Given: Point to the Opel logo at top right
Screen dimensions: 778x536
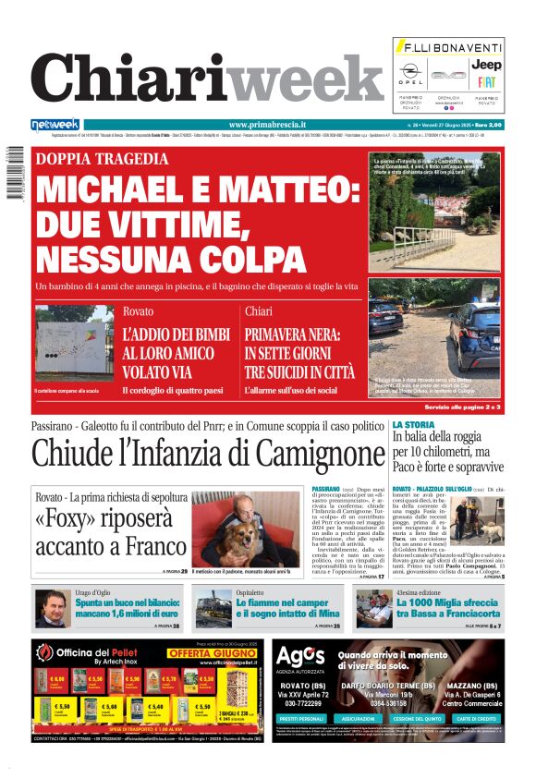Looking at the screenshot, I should tap(411, 73).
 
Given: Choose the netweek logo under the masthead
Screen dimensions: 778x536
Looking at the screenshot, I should tap(55, 125).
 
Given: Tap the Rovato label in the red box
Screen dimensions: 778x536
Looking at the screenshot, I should tap(138, 311).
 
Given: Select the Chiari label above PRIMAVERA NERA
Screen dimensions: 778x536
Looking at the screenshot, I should tap(260, 311).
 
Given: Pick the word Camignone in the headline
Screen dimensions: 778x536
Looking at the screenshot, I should tap(308, 454).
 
